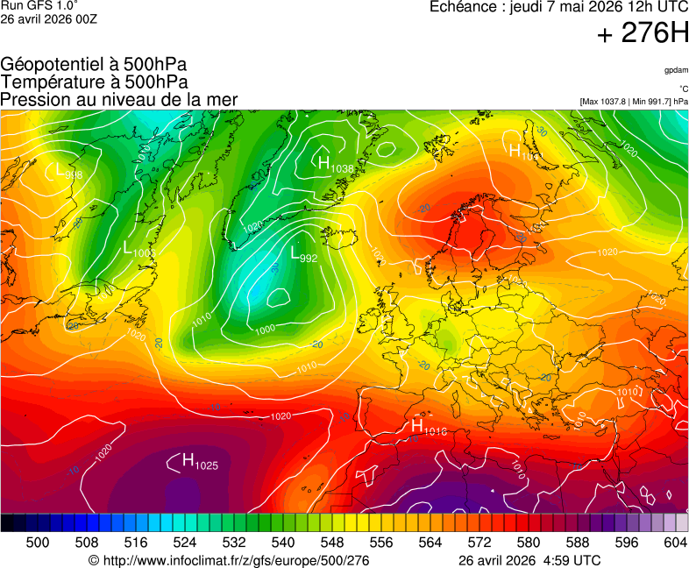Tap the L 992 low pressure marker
point(303,254)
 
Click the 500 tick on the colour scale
point(38,543)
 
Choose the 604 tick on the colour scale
point(675,543)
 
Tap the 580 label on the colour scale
point(528,543)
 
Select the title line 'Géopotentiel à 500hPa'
point(94,65)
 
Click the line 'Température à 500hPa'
point(94,82)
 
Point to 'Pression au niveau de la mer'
point(119,99)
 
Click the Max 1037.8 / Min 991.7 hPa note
point(634,102)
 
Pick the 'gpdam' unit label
point(675,69)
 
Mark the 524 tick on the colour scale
point(186,543)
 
